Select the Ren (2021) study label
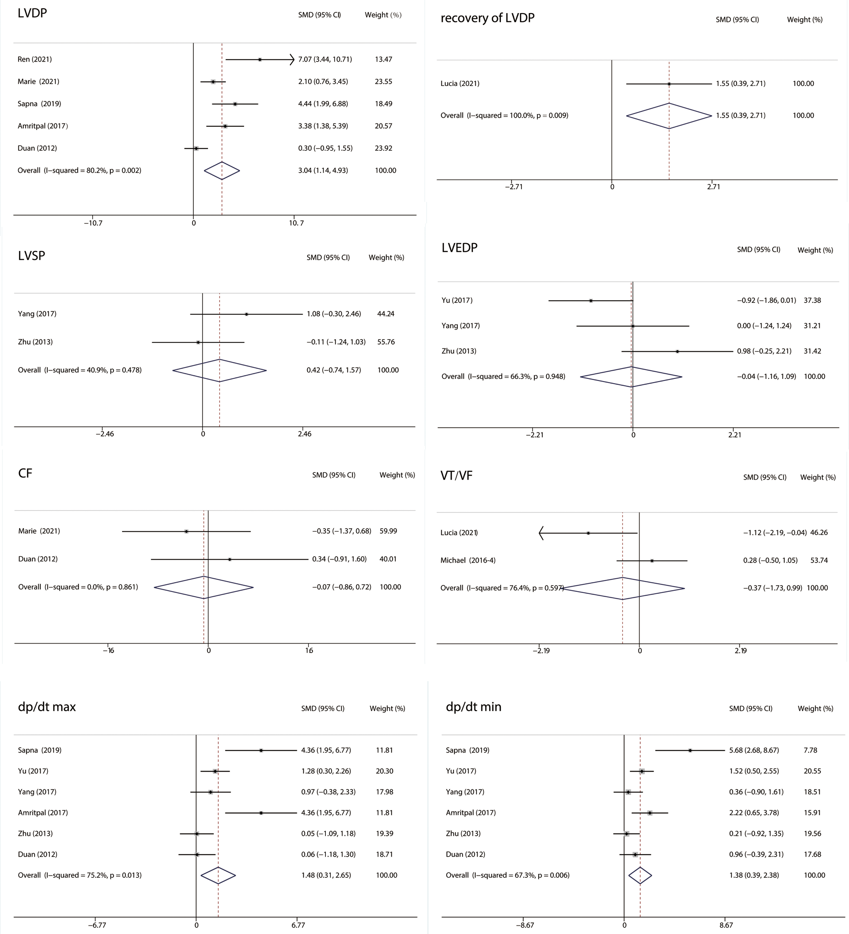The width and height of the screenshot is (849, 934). [x=35, y=59]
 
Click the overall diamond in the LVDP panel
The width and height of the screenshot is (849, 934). [x=222, y=170]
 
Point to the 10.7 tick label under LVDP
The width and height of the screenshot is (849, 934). [x=296, y=223]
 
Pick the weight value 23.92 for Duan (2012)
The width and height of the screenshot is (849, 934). [x=384, y=148]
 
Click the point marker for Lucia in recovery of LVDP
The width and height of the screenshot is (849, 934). [x=669, y=84]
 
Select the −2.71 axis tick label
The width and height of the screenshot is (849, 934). [x=514, y=187]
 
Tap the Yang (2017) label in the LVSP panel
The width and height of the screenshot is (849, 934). [x=37, y=314]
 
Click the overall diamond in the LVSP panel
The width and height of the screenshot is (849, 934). [x=220, y=370]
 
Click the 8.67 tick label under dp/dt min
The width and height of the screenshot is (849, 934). [x=726, y=925]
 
